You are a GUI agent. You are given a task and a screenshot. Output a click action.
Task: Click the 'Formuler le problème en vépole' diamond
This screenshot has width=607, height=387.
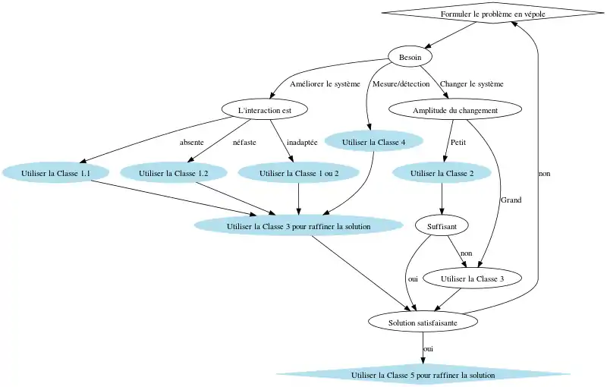coord(492,14)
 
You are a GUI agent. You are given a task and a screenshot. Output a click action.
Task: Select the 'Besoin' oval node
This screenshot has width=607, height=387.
coord(410,57)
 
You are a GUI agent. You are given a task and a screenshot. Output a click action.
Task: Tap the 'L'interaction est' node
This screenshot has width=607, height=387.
coord(265,110)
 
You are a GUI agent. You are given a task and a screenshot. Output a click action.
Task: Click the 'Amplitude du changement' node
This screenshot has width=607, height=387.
coord(454,110)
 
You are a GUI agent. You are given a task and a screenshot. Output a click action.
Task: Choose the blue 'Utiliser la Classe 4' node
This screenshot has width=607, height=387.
coord(373,142)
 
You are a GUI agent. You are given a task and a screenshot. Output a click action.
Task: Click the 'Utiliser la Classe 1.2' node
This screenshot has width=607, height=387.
coord(175,174)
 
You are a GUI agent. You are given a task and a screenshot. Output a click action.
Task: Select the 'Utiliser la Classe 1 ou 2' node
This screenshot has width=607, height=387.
coord(298,174)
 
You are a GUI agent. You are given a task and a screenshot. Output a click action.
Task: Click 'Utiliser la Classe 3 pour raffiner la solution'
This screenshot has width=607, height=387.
coord(298,225)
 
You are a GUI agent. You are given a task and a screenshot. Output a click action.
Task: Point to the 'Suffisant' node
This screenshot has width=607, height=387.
coord(442,225)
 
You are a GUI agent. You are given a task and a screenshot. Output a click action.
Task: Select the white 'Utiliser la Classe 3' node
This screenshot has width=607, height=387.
coord(472,279)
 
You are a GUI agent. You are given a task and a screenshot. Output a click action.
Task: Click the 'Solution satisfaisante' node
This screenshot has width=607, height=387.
coord(423,322)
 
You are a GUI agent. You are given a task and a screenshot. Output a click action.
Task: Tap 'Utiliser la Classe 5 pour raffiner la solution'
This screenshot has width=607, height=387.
coord(423,375)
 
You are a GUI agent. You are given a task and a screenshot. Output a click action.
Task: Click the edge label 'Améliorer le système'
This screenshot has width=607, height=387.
coord(325,84)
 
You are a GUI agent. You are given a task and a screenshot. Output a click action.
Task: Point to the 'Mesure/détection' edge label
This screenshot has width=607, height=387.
coord(401,84)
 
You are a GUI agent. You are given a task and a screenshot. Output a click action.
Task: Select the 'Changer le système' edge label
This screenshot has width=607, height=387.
coord(471,84)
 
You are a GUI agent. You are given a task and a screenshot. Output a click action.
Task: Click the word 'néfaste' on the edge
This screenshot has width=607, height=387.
coord(245,142)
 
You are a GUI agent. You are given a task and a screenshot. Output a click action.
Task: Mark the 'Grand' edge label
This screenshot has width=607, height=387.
coord(511,200)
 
